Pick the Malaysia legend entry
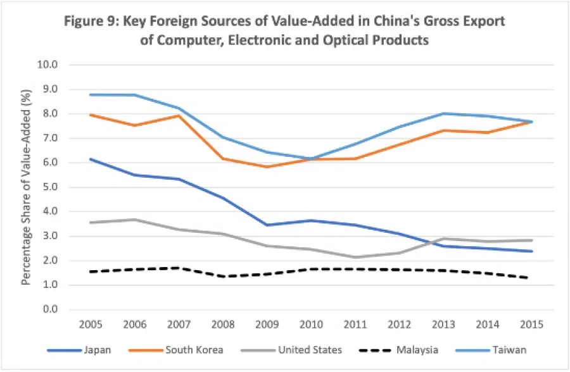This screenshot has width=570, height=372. pos(418,349)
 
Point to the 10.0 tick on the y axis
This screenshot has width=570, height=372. pos(49,65)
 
